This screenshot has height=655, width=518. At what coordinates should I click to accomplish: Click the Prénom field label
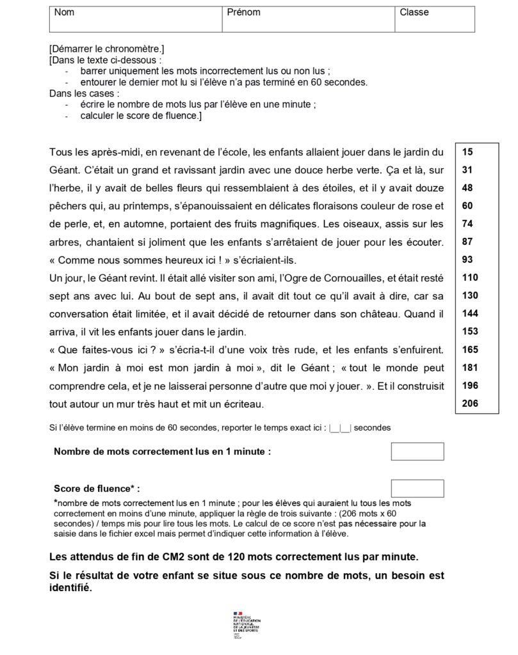pos(243,12)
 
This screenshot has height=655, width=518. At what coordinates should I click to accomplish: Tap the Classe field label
pos(414,12)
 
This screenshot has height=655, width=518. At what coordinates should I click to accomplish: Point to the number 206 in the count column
pos(469,404)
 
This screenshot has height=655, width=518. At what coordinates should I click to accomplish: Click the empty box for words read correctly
pos(417,451)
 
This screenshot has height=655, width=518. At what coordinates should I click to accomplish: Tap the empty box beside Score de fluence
pos(417,488)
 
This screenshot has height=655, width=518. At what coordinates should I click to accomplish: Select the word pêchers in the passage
pos(65,207)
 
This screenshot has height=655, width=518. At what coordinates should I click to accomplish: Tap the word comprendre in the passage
pos(77,386)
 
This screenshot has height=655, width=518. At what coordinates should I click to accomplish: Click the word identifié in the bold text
pos(70,589)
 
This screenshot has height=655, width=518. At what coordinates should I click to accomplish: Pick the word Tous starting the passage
pos(60,153)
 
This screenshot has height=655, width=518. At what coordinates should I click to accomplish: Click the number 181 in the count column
pos(469,368)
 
